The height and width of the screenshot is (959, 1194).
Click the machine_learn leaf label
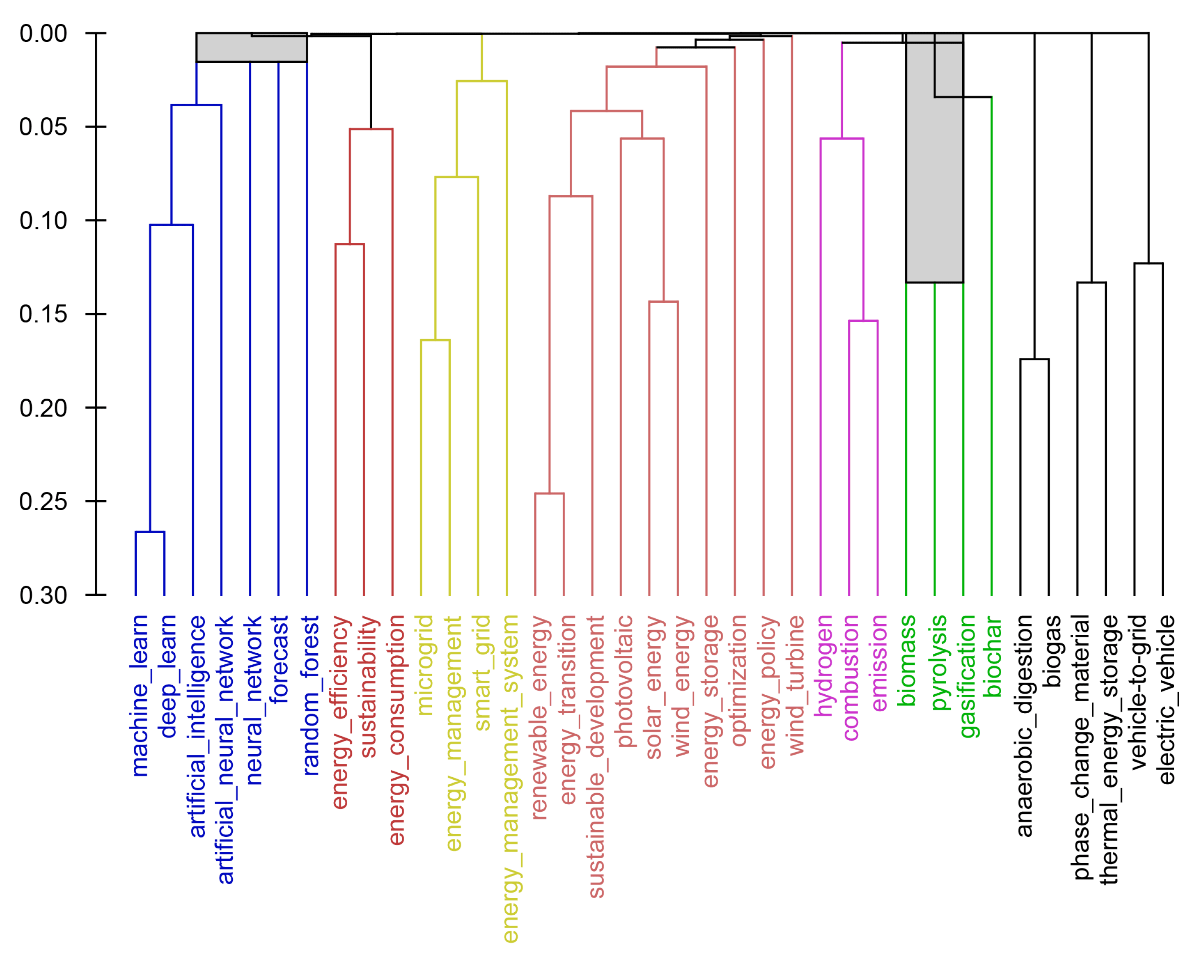click(x=140, y=695)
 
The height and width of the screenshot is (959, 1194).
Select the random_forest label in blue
click(x=311, y=695)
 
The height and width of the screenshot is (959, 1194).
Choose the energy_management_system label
click(x=510, y=778)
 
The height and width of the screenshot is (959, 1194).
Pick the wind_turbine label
click(x=796, y=685)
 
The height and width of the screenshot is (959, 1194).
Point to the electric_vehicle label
click(x=1167, y=699)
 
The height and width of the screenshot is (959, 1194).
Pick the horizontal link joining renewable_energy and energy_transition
click(x=549, y=493)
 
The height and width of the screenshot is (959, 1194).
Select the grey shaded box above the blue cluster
click(x=252, y=48)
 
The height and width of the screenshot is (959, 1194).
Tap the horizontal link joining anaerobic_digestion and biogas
click(x=1034, y=359)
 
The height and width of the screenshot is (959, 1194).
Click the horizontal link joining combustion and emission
click(x=863, y=320)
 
